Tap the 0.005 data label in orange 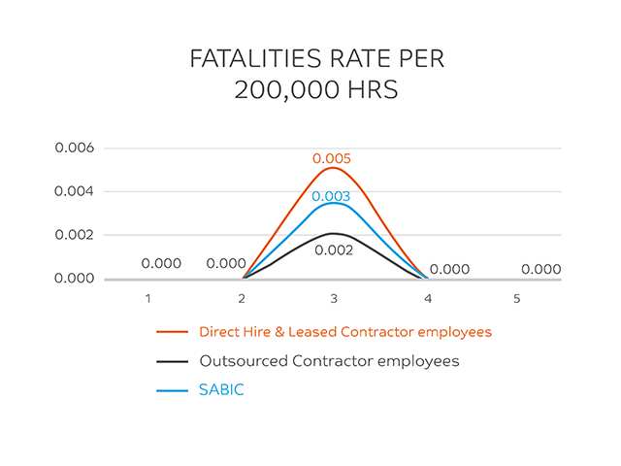pyautogui.click(x=332, y=158)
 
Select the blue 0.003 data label pyautogui.click(x=332, y=196)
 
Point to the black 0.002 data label pyautogui.click(x=332, y=250)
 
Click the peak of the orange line pyautogui.click(x=332, y=168)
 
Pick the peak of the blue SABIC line pyautogui.click(x=332, y=203)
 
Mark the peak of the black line pyautogui.click(x=332, y=233)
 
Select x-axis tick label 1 pyautogui.click(x=147, y=298)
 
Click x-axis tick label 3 pyautogui.click(x=332, y=298)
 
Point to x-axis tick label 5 pyautogui.click(x=516, y=298)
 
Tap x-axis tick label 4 pyautogui.click(x=424, y=298)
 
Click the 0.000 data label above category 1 pyautogui.click(x=161, y=263)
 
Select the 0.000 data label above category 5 pyautogui.click(x=540, y=270)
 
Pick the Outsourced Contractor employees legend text pyautogui.click(x=329, y=361)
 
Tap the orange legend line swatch pyautogui.click(x=172, y=332)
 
